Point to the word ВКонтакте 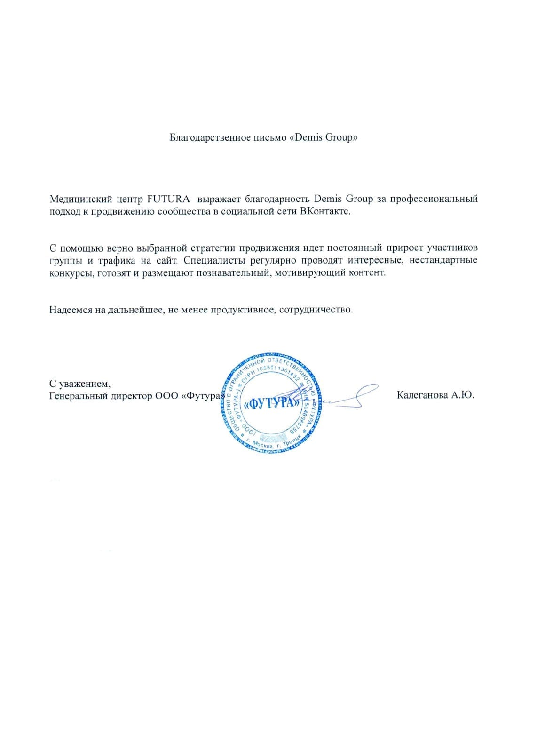325,211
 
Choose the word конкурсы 72,273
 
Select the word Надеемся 71,310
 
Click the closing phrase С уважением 79,383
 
